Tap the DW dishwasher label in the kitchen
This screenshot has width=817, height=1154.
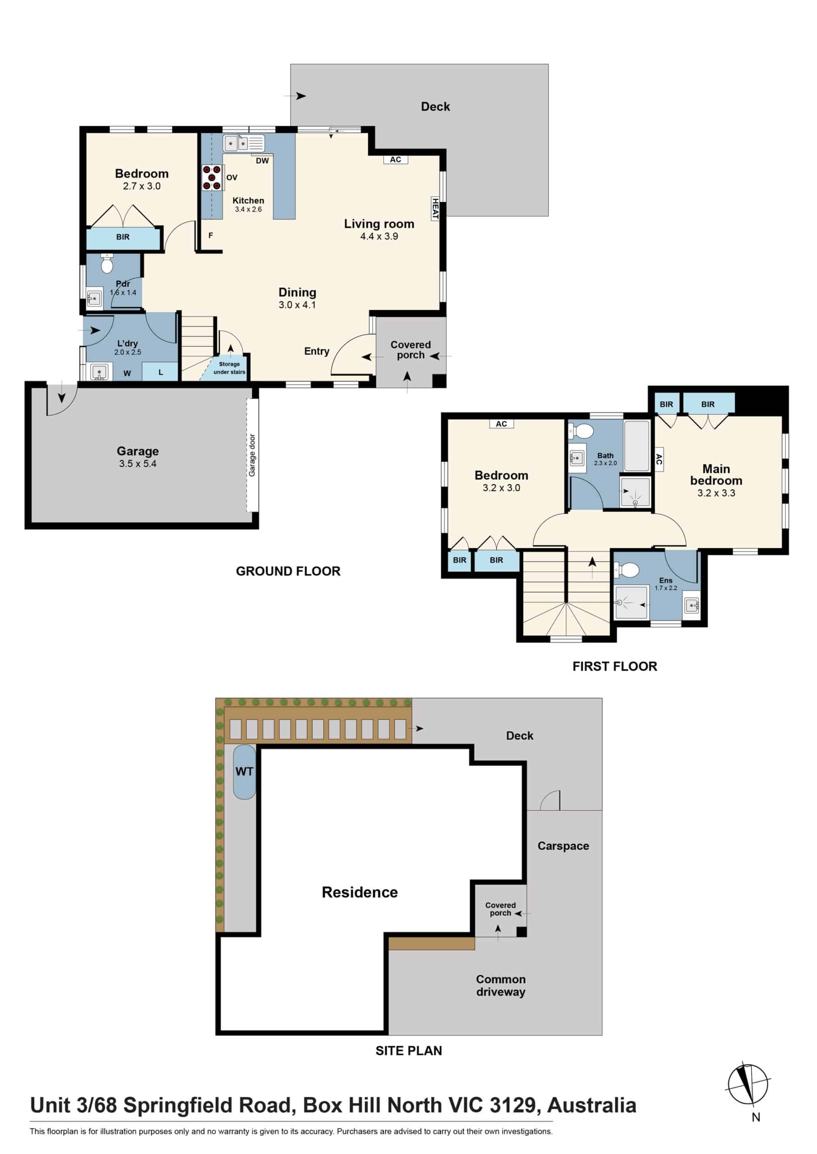[262, 161]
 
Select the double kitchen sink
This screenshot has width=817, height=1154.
[244, 143]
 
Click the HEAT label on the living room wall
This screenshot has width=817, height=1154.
[435, 209]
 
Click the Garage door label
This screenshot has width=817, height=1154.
[252, 455]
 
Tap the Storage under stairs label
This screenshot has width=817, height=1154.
[230, 368]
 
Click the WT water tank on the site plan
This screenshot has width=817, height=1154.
[245, 771]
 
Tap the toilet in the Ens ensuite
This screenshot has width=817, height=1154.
[627, 570]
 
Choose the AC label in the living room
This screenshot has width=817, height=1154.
[396, 159]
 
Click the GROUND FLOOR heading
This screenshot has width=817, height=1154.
[288, 571]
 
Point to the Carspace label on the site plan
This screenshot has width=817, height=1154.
[563, 846]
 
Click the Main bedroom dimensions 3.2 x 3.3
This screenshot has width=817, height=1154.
[716, 493]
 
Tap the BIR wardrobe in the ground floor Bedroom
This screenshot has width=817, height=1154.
[123, 238]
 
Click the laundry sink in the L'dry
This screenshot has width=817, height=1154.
[99, 372]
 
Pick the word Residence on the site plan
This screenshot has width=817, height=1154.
[360, 892]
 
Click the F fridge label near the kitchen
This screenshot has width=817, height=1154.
[211, 235]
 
